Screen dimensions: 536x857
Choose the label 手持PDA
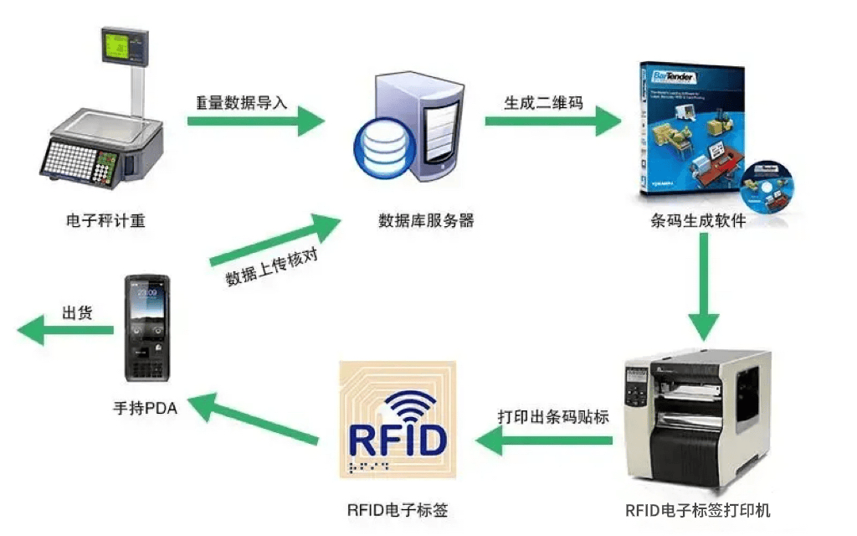click(145, 409)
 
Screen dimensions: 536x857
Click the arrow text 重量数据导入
click(241, 103)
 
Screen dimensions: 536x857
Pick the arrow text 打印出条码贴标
click(553, 416)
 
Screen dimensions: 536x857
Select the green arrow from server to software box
click(552, 121)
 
